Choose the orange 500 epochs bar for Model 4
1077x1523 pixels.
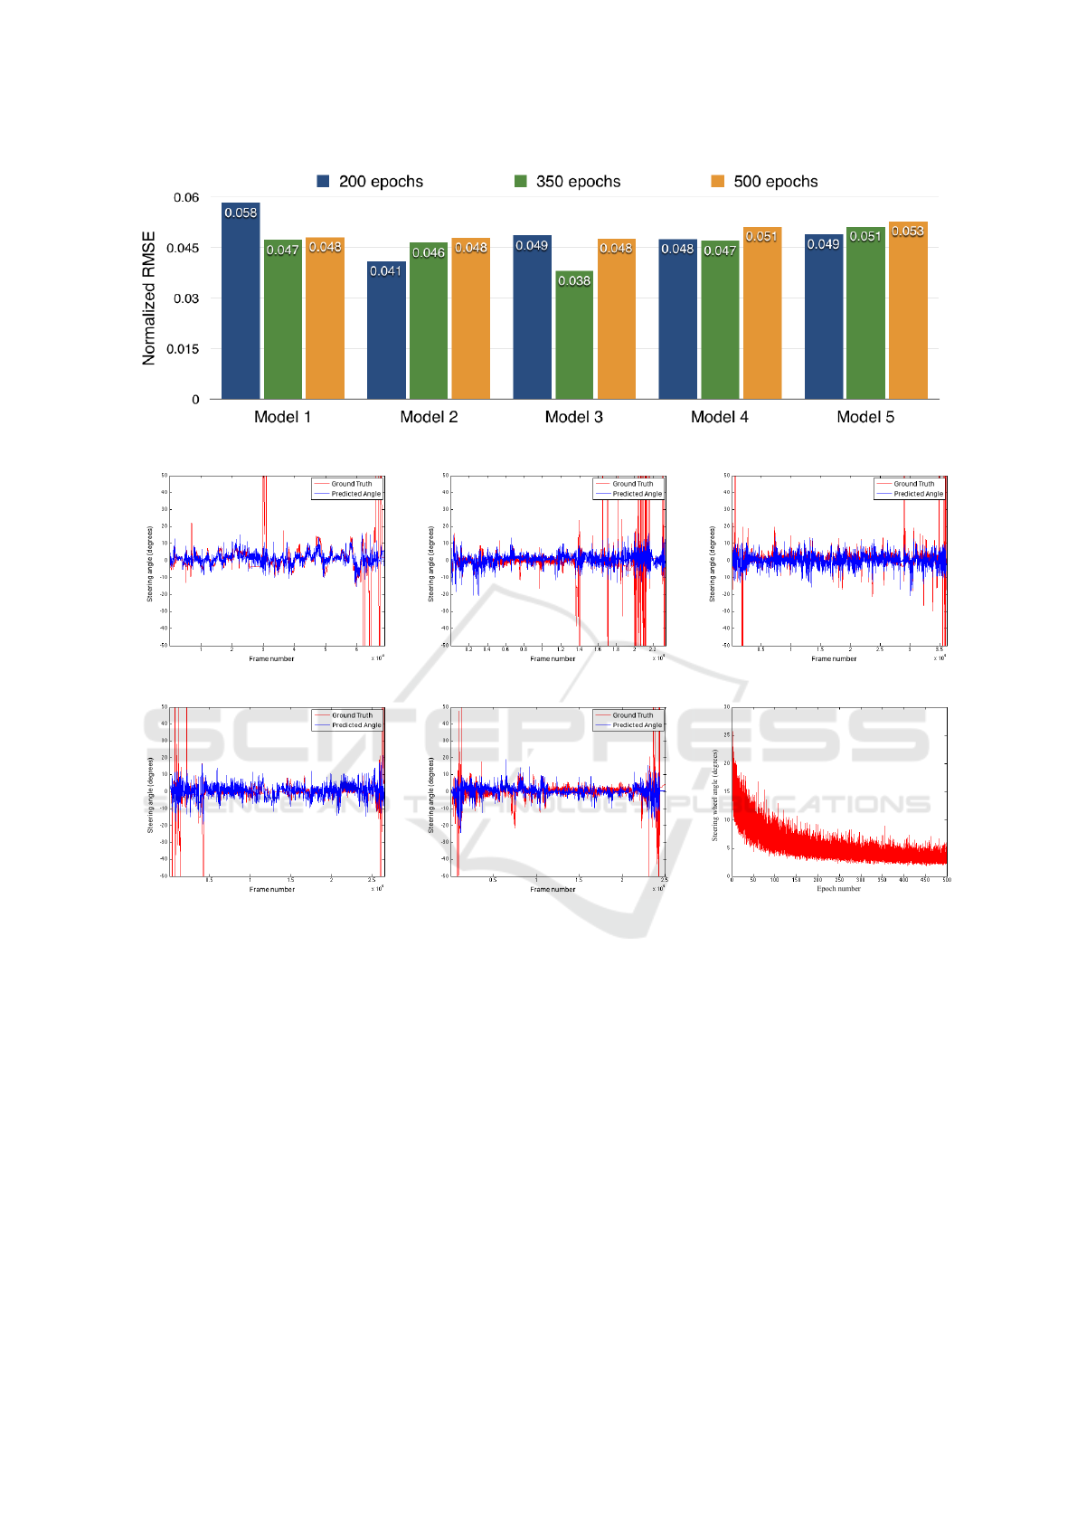pyautogui.click(x=762, y=317)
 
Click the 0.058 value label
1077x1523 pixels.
pyautogui.click(x=241, y=213)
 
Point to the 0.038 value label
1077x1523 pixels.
pyautogui.click(x=574, y=280)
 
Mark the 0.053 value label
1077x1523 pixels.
pyautogui.click(x=908, y=232)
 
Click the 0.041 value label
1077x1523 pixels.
pyautogui.click(x=386, y=270)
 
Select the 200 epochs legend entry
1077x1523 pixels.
pyautogui.click(x=371, y=182)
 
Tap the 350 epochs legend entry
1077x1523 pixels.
pyautogui.click(x=568, y=182)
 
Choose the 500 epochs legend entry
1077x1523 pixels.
pyautogui.click(x=765, y=182)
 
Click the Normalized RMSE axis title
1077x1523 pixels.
pyautogui.click(x=149, y=298)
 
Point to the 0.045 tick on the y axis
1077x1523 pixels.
pyautogui.click(x=185, y=248)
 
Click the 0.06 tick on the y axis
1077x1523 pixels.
pyautogui.click(x=187, y=197)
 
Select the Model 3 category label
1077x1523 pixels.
pyautogui.click(x=574, y=417)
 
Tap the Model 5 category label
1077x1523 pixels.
pyautogui.click(x=865, y=417)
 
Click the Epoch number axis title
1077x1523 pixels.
pyautogui.click(x=839, y=889)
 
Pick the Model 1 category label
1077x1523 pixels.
pyautogui.click(x=282, y=417)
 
